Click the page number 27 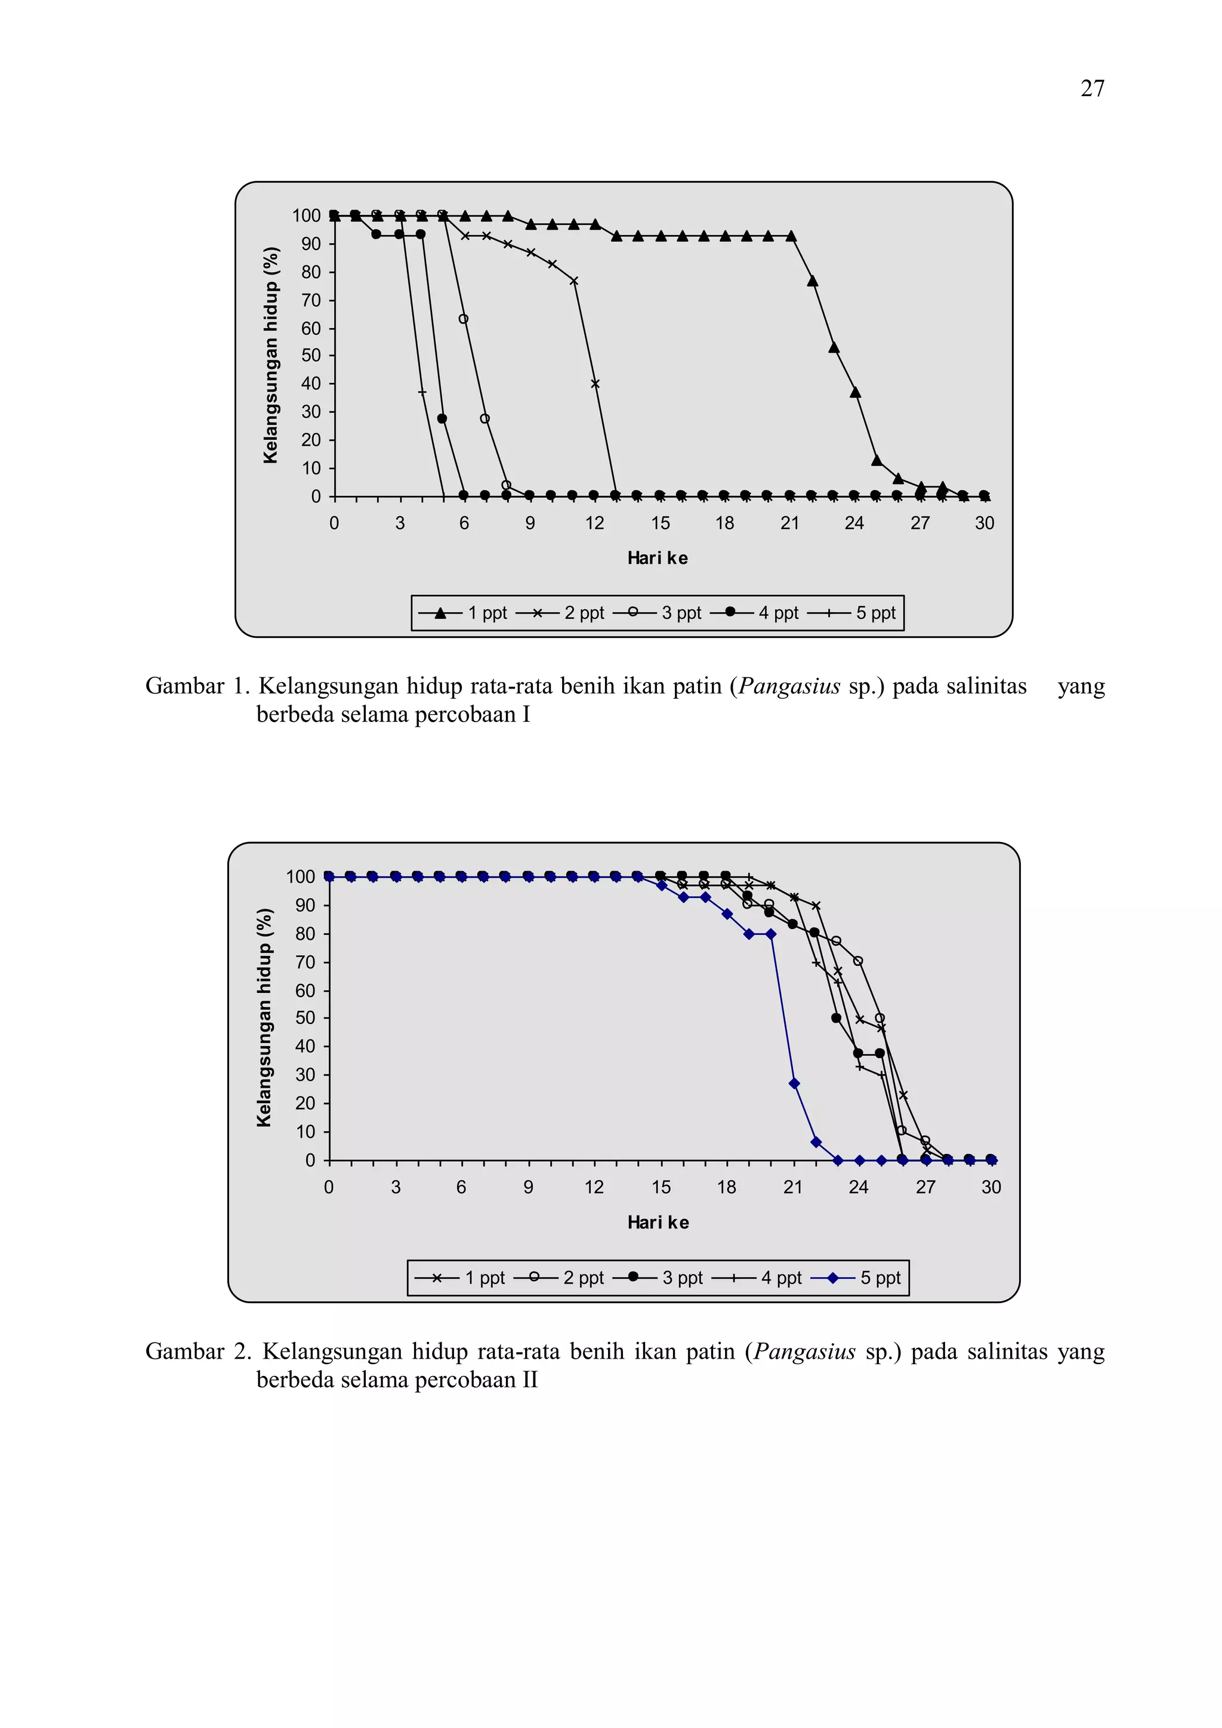pyautogui.click(x=1092, y=89)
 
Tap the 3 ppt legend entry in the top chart pyautogui.click(x=658, y=613)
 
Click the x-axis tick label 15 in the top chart pyautogui.click(x=660, y=523)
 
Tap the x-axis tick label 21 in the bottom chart pyautogui.click(x=792, y=1187)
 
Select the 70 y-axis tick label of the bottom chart pyautogui.click(x=305, y=962)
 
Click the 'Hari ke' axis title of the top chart pyautogui.click(x=657, y=558)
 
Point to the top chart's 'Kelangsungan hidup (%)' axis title pyautogui.click(x=271, y=355)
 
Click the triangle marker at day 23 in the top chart pyautogui.click(x=834, y=347)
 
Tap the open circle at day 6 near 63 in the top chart pyautogui.click(x=464, y=319)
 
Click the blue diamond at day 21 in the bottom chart pyautogui.click(x=794, y=1083)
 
